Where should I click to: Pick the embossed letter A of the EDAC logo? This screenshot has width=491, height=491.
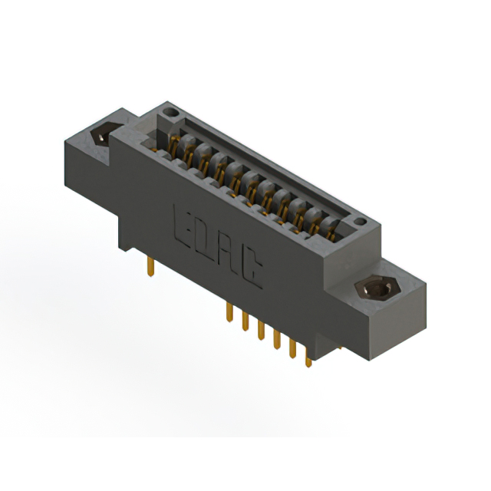(x=231, y=260)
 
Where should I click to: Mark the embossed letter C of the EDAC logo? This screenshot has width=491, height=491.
(x=252, y=277)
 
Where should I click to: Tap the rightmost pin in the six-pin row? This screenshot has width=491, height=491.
(x=308, y=357)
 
